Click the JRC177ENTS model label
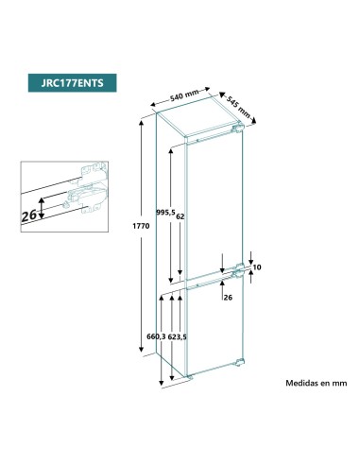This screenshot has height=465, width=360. click(72, 83)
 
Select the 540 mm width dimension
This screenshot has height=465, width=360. click(184, 95)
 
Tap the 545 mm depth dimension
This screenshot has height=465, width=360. click(237, 106)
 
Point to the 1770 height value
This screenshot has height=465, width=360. click(141, 226)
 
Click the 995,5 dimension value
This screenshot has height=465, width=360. click(165, 213)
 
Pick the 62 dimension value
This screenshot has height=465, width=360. click(180, 216)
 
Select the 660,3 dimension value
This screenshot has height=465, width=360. click(156, 336)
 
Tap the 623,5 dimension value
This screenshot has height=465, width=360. click(177, 337)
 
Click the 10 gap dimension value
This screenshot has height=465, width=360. click(257, 267)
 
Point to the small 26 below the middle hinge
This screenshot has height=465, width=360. click(228, 297)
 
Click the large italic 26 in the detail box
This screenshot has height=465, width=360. click(29, 215)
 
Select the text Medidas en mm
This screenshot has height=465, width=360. click(317, 383)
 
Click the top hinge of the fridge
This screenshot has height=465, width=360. click(238, 129)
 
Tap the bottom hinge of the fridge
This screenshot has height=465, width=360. click(239, 363)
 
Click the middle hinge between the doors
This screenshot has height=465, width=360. click(238, 270)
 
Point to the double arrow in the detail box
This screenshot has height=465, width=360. click(42, 208)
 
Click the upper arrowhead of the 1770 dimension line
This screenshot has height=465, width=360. click(141, 124)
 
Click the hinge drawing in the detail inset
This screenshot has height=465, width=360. click(86, 188)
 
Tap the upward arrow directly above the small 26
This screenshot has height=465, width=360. click(223, 286)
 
